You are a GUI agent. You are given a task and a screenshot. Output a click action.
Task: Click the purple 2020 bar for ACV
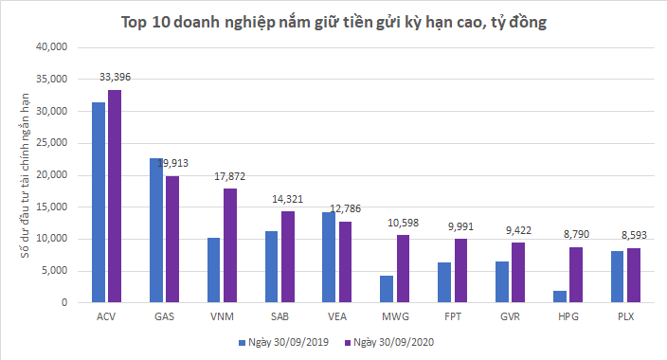click(115, 196)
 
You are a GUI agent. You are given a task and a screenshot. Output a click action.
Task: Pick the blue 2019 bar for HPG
click(559, 297)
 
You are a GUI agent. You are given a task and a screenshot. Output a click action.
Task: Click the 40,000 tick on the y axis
click(50, 46)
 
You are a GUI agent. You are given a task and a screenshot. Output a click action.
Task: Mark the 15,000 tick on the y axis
click(50, 207)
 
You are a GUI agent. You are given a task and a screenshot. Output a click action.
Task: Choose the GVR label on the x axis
click(509, 315)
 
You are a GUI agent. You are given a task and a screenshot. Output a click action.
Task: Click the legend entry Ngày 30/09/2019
click(283, 341)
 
